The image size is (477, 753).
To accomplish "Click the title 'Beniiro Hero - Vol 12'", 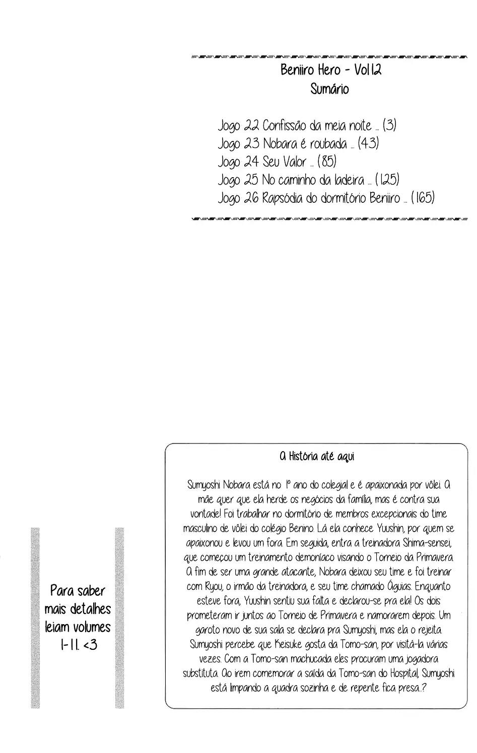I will tap(330, 70).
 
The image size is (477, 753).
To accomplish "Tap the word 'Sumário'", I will tap(330, 90).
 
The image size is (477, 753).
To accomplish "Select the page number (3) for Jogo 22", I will tap(389, 125).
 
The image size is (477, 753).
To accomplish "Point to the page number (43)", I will tap(368, 143).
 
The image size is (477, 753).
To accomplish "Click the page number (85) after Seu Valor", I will tap(327, 162).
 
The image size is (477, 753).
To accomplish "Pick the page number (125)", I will tap(387, 180).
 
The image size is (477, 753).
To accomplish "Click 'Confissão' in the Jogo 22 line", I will tap(288, 126).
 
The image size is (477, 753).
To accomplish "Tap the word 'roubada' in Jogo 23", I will tap(328, 144).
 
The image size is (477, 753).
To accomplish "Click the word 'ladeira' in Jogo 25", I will tap(348, 180).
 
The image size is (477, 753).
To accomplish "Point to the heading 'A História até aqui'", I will tap(317, 457).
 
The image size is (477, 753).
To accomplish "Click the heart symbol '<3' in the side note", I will tap(89, 644).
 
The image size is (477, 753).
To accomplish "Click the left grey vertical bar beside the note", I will tap(35, 617).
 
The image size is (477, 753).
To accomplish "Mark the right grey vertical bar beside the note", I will tap(119, 617).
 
